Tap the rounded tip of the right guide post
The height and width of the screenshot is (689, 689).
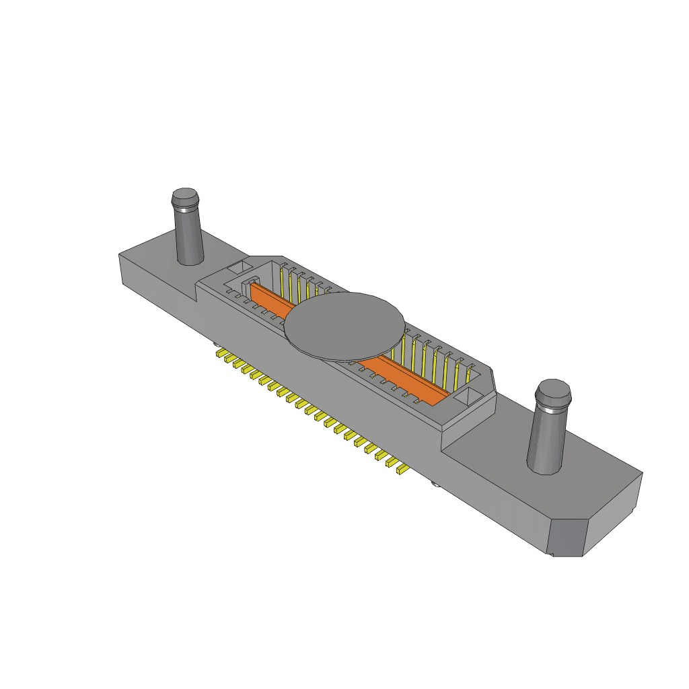pos(553,392)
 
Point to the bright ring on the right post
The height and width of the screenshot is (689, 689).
pos(552,408)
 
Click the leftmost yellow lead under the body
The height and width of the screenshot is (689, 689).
pos(219,352)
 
